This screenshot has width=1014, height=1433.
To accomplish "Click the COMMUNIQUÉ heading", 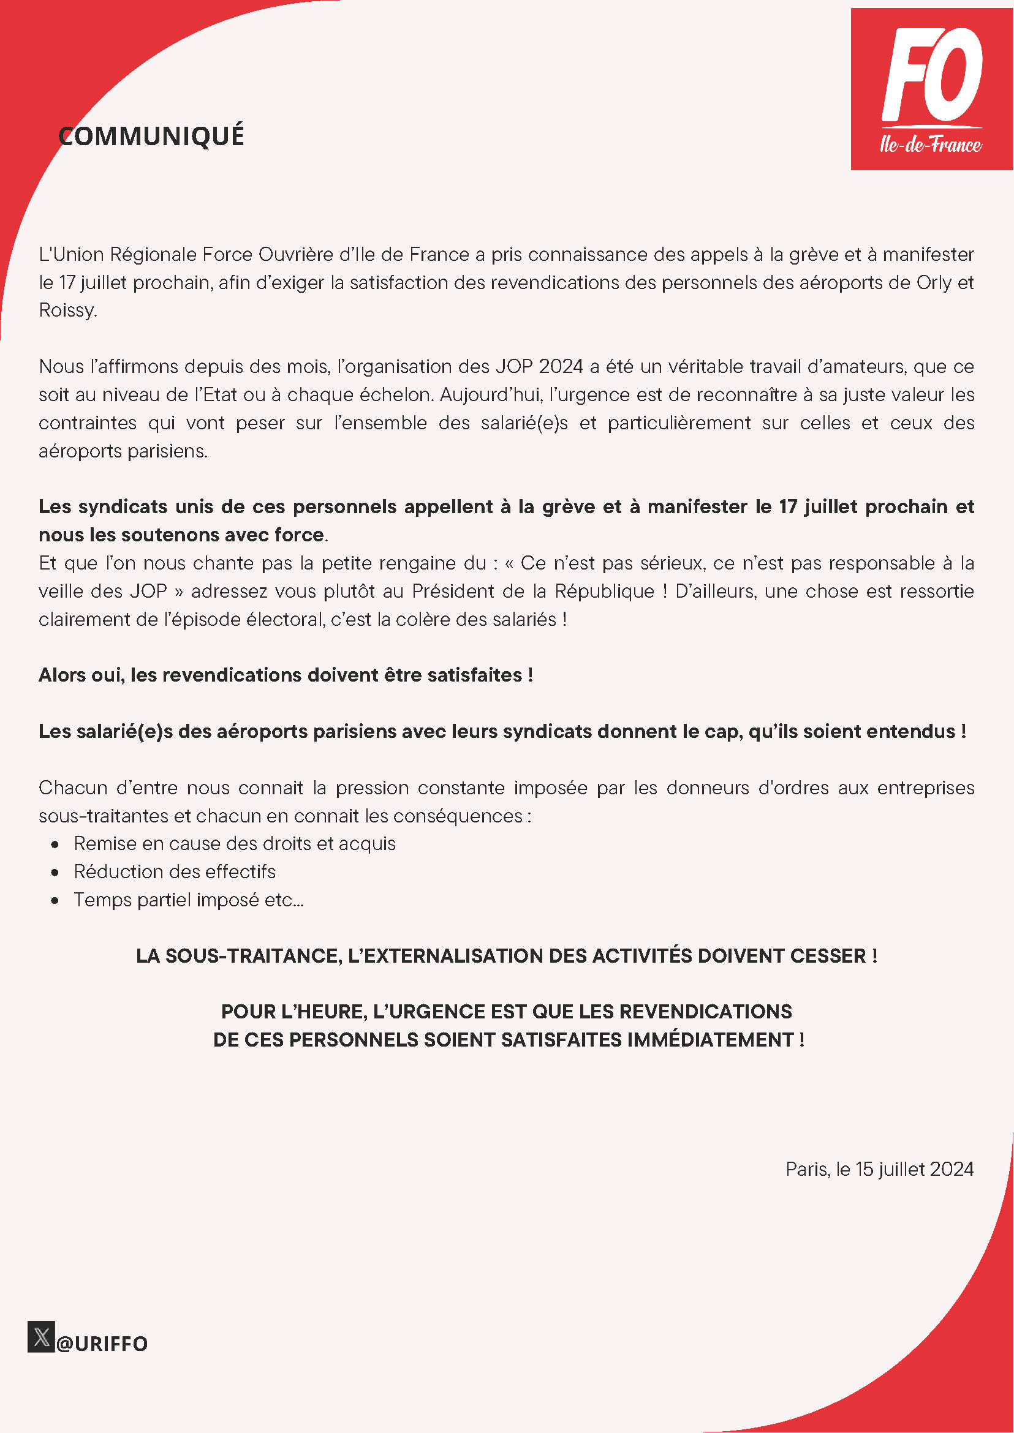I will coord(151,136).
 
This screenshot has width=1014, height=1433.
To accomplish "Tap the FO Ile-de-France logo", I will coord(931,89).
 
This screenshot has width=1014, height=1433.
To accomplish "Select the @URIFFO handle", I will coord(102,1344).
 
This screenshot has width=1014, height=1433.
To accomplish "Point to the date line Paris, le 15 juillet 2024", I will coord(879,1169).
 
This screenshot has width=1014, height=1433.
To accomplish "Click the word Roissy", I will coord(67,310).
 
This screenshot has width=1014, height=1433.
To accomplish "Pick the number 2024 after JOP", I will coord(560,366).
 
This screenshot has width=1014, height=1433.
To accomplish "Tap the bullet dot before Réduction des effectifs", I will coord(56,873).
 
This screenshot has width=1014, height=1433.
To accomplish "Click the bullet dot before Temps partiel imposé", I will coord(56,901).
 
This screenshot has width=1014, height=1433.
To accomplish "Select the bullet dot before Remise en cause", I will coord(56,844).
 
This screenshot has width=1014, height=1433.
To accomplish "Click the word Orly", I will coord(934,283).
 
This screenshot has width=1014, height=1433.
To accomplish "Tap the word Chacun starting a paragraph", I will coord(72,788).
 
